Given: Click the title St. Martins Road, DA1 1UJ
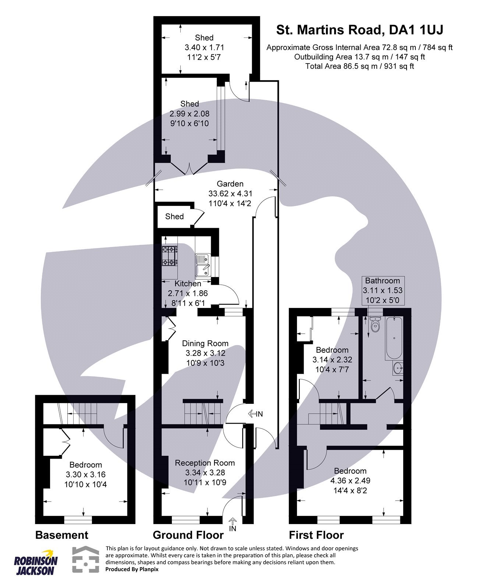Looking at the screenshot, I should point(359,30).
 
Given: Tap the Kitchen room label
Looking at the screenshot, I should point(188,284).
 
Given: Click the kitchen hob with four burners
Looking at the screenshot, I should point(170,256).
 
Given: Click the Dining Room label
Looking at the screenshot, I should point(205,344).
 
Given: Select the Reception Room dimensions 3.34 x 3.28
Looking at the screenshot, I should point(205,473).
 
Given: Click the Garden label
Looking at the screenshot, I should point(230,184).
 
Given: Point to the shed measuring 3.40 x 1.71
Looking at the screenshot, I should point(204,47).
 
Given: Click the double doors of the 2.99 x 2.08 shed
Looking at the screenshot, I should point(189,169).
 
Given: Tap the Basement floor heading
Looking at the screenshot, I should point(62,535).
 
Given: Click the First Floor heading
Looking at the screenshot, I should point(316,535).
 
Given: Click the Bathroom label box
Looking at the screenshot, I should point(383,290).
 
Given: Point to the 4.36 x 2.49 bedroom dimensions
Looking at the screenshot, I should point(350,481).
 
